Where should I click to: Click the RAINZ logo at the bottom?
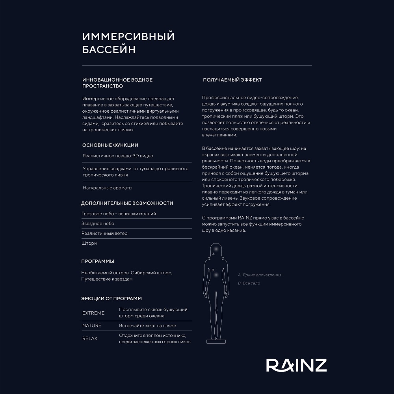pos(296,365)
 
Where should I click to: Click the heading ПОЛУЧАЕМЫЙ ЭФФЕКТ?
pos(232,80)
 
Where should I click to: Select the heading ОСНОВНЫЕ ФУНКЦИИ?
pos(110,145)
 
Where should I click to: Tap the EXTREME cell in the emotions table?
pos(93,313)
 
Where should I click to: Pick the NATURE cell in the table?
pos(92,325)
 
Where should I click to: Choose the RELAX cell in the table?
pos(90,338)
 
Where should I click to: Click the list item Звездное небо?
pos(98,223)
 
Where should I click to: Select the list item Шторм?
pos(89,243)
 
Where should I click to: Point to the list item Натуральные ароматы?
pos(107,188)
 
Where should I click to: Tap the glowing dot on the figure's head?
pos(216,249)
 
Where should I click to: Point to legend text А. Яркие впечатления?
pos(260,275)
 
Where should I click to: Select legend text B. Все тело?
pos(249,283)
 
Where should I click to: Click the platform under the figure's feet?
pos(216,341)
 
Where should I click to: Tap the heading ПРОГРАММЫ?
pos(98,261)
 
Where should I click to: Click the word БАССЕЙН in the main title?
pos(109,50)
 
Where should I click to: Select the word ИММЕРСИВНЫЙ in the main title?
pos(128,37)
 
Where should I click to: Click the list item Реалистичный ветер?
pos(104,233)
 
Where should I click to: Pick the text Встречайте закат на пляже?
pos(147,325)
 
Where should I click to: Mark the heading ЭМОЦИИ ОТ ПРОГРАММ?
pos(112,298)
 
